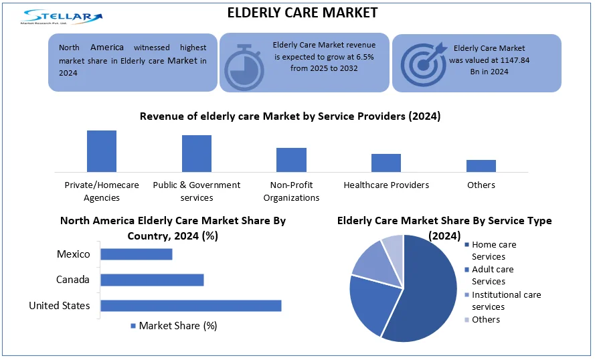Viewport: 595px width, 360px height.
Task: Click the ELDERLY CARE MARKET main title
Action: [x=303, y=13]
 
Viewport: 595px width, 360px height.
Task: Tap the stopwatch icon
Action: [x=244, y=67]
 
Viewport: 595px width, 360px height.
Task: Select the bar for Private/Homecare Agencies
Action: [x=102, y=151]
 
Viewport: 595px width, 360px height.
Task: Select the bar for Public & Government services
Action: [x=197, y=153]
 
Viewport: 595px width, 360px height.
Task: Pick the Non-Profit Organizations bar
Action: [x=291, y=160]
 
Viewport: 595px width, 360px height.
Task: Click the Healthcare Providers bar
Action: [x=386, y=163]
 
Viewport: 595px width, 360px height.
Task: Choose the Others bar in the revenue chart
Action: [x=481, y=166]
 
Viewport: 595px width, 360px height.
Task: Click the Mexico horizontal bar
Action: [x=137, y=254]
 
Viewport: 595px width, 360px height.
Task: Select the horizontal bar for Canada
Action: [x=152, y=280]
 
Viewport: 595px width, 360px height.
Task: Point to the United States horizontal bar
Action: [x=191, y=306]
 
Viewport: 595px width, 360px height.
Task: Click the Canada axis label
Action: [x=73, y=280]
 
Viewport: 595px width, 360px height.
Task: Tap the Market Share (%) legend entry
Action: [x=173, y=326]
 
